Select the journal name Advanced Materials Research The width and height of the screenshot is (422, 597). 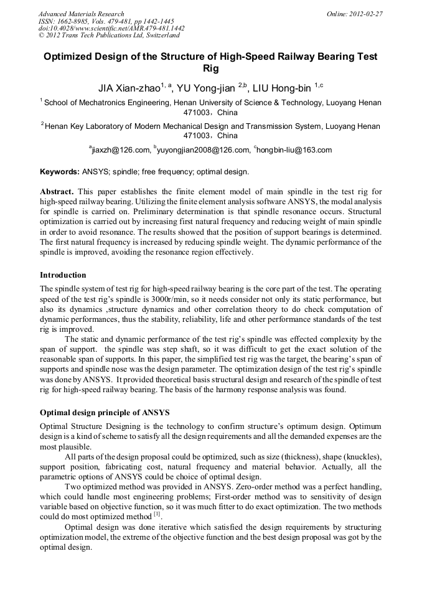(x=81, y=14)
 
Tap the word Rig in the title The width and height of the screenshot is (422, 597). (x=210, y=68)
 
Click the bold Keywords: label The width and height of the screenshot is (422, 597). (x=59, y=171)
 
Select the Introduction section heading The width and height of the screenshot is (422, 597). (x=63, y=275)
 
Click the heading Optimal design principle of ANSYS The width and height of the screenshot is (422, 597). (x=105, y=412)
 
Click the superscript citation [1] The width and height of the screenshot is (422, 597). (x=157, y=514)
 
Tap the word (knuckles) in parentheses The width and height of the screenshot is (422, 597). (x=360, y=458)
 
